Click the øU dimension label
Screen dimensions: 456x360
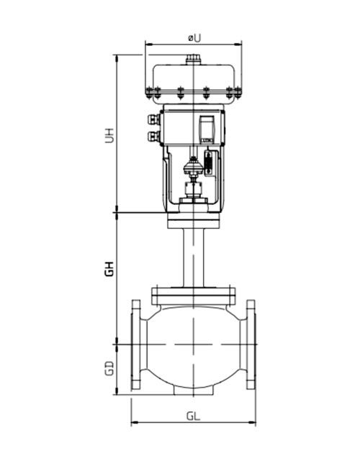192,36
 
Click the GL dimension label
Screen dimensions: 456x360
193,416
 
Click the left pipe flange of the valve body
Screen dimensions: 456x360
137,345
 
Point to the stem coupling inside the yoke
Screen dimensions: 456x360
193,170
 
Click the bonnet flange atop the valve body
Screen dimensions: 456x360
193,294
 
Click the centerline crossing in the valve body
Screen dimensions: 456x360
193,345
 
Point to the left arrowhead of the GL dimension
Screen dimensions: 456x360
134,424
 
